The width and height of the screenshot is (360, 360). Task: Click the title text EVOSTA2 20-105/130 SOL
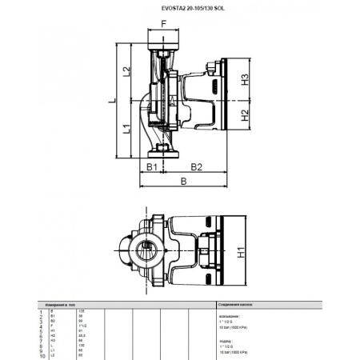(180, 9)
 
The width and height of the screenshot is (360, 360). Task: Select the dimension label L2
(127, 72)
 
